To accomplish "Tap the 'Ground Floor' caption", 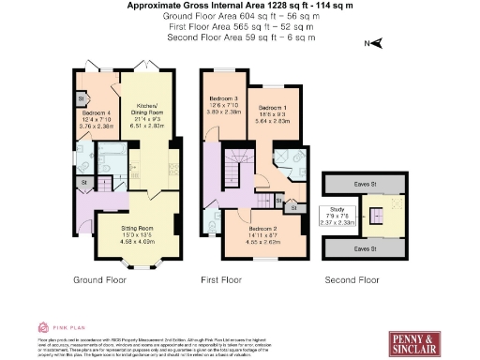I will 98,279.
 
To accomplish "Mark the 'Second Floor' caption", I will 352,279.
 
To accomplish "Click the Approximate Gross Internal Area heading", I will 240,6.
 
